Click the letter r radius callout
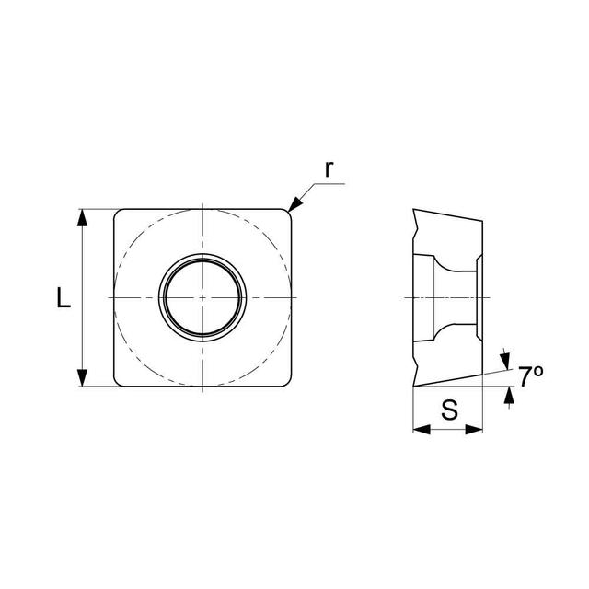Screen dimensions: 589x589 [x=329, y=168]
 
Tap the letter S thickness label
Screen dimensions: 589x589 [x=449, y=410]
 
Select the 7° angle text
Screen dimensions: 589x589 [x=530, y=375]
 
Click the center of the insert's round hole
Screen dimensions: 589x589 [x=202, y=298]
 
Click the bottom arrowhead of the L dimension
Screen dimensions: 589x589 [x=83, y=378]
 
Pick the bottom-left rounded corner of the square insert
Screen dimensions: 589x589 [x=118, y=383]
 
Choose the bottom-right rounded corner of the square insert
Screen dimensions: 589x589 [x=287, y=383]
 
